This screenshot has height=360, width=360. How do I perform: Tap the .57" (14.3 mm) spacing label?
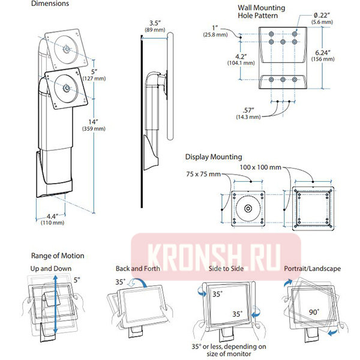click(x=247, y=113)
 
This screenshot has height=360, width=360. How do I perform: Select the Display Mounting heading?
click(x=213, y=157)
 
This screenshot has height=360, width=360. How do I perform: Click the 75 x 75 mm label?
click(x=203, y=174)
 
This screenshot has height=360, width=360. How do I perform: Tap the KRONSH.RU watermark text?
click(x=216, y=250)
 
